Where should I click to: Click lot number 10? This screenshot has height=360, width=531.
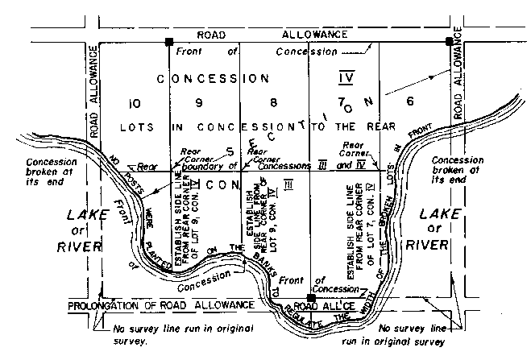(134, 103)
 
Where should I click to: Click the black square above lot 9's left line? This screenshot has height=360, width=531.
(169, 40)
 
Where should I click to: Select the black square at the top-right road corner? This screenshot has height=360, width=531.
(449, 40)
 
